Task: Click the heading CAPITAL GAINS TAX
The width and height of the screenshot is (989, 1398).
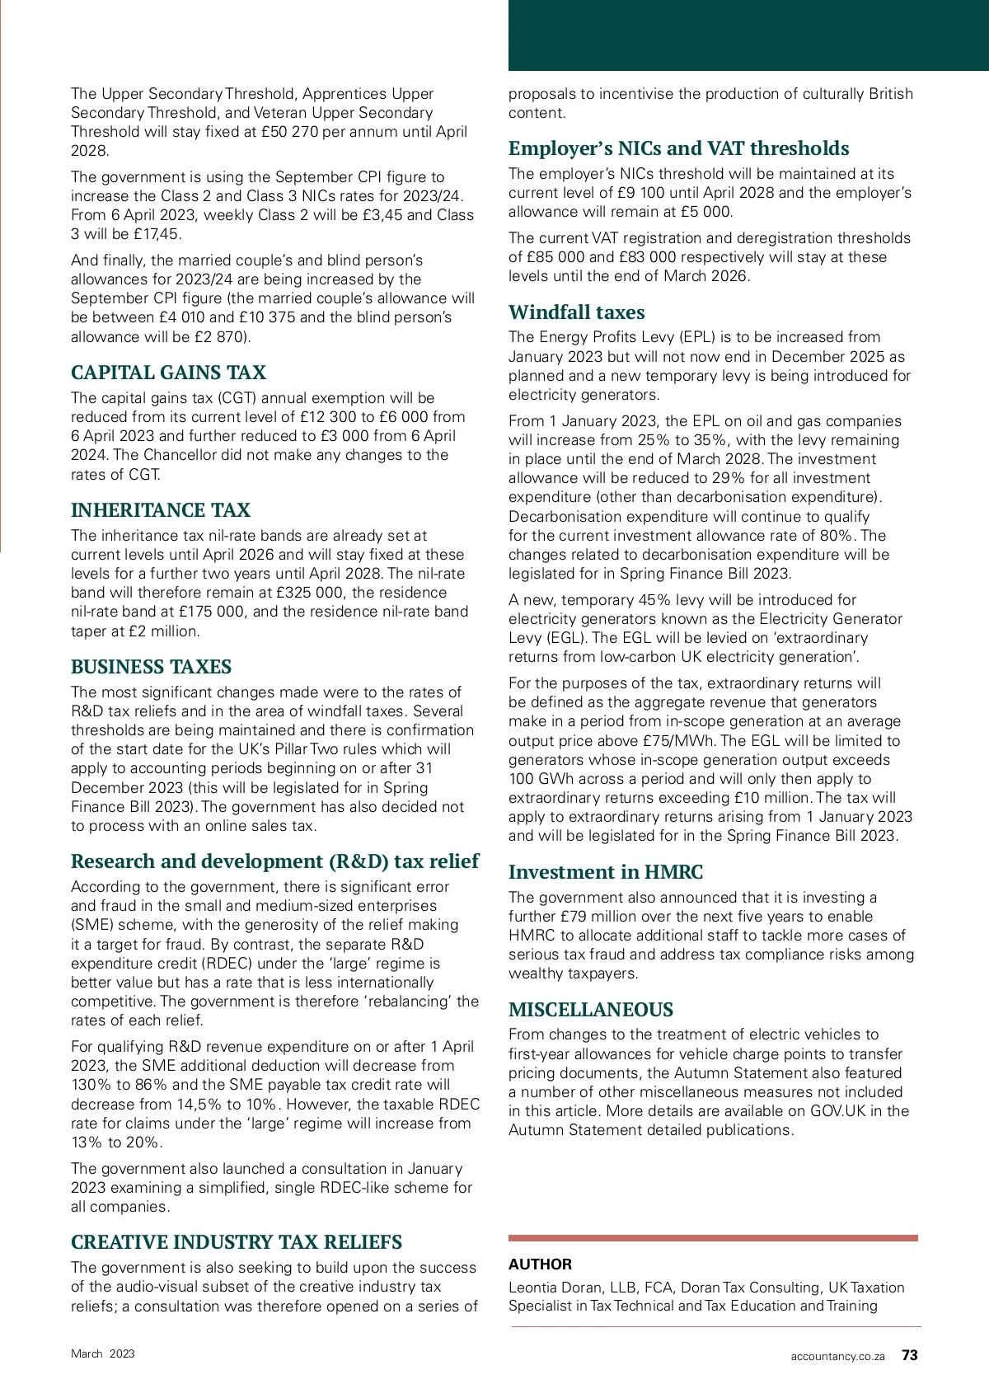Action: (168, 373)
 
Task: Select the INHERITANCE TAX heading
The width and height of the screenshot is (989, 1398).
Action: (161, 510)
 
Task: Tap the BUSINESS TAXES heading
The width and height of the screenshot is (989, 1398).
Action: (151, 667)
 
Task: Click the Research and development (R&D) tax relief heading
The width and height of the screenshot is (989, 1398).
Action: (274, 861)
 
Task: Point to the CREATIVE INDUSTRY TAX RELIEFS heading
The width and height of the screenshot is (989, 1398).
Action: (237, 1242)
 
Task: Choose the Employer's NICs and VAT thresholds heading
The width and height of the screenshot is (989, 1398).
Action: (678, 148)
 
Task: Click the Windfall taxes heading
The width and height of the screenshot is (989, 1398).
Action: (576, 312)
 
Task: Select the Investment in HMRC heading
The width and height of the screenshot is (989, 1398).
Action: (605, 872)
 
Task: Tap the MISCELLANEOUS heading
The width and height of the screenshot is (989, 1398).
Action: (590, 1010)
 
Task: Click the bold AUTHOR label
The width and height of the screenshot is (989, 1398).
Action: (540, 1264)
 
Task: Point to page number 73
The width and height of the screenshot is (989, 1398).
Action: (909, 1355)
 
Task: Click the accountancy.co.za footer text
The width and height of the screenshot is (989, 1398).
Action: (837, 1356)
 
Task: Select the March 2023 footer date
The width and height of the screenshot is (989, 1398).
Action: (103, 1353)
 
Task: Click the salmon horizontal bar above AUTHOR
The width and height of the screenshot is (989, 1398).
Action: (713, 1237)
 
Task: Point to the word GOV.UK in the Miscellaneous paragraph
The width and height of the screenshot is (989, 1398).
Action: (838, 1111)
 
